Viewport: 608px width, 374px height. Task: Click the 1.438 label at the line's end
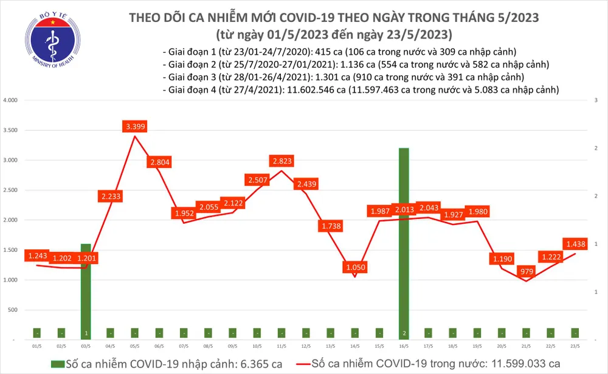coord(576,243)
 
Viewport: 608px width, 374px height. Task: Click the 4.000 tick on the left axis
coord(10,100)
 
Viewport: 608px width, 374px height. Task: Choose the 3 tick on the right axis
coord(596,100)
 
